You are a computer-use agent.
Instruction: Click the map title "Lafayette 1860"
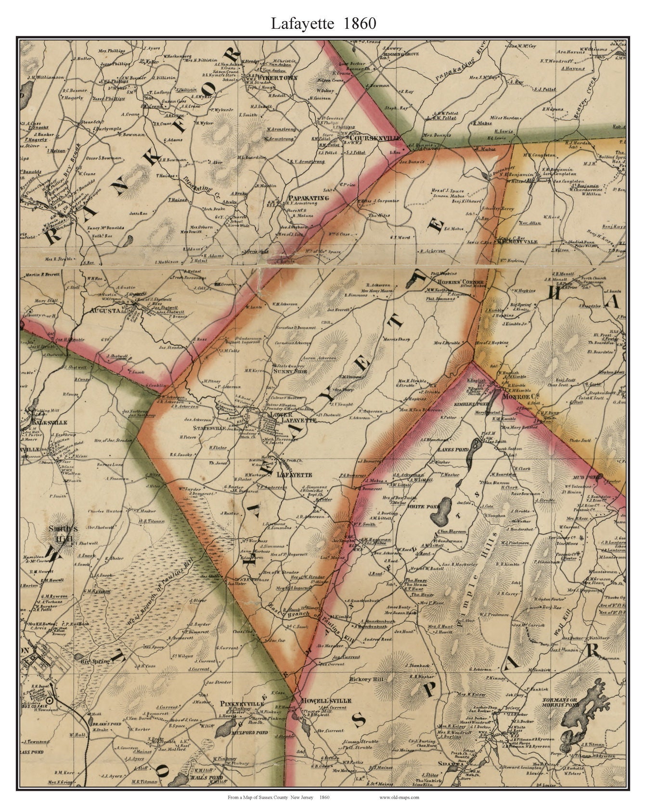tap(323, 24)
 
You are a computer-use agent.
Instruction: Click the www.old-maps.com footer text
tap(399, 796)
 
